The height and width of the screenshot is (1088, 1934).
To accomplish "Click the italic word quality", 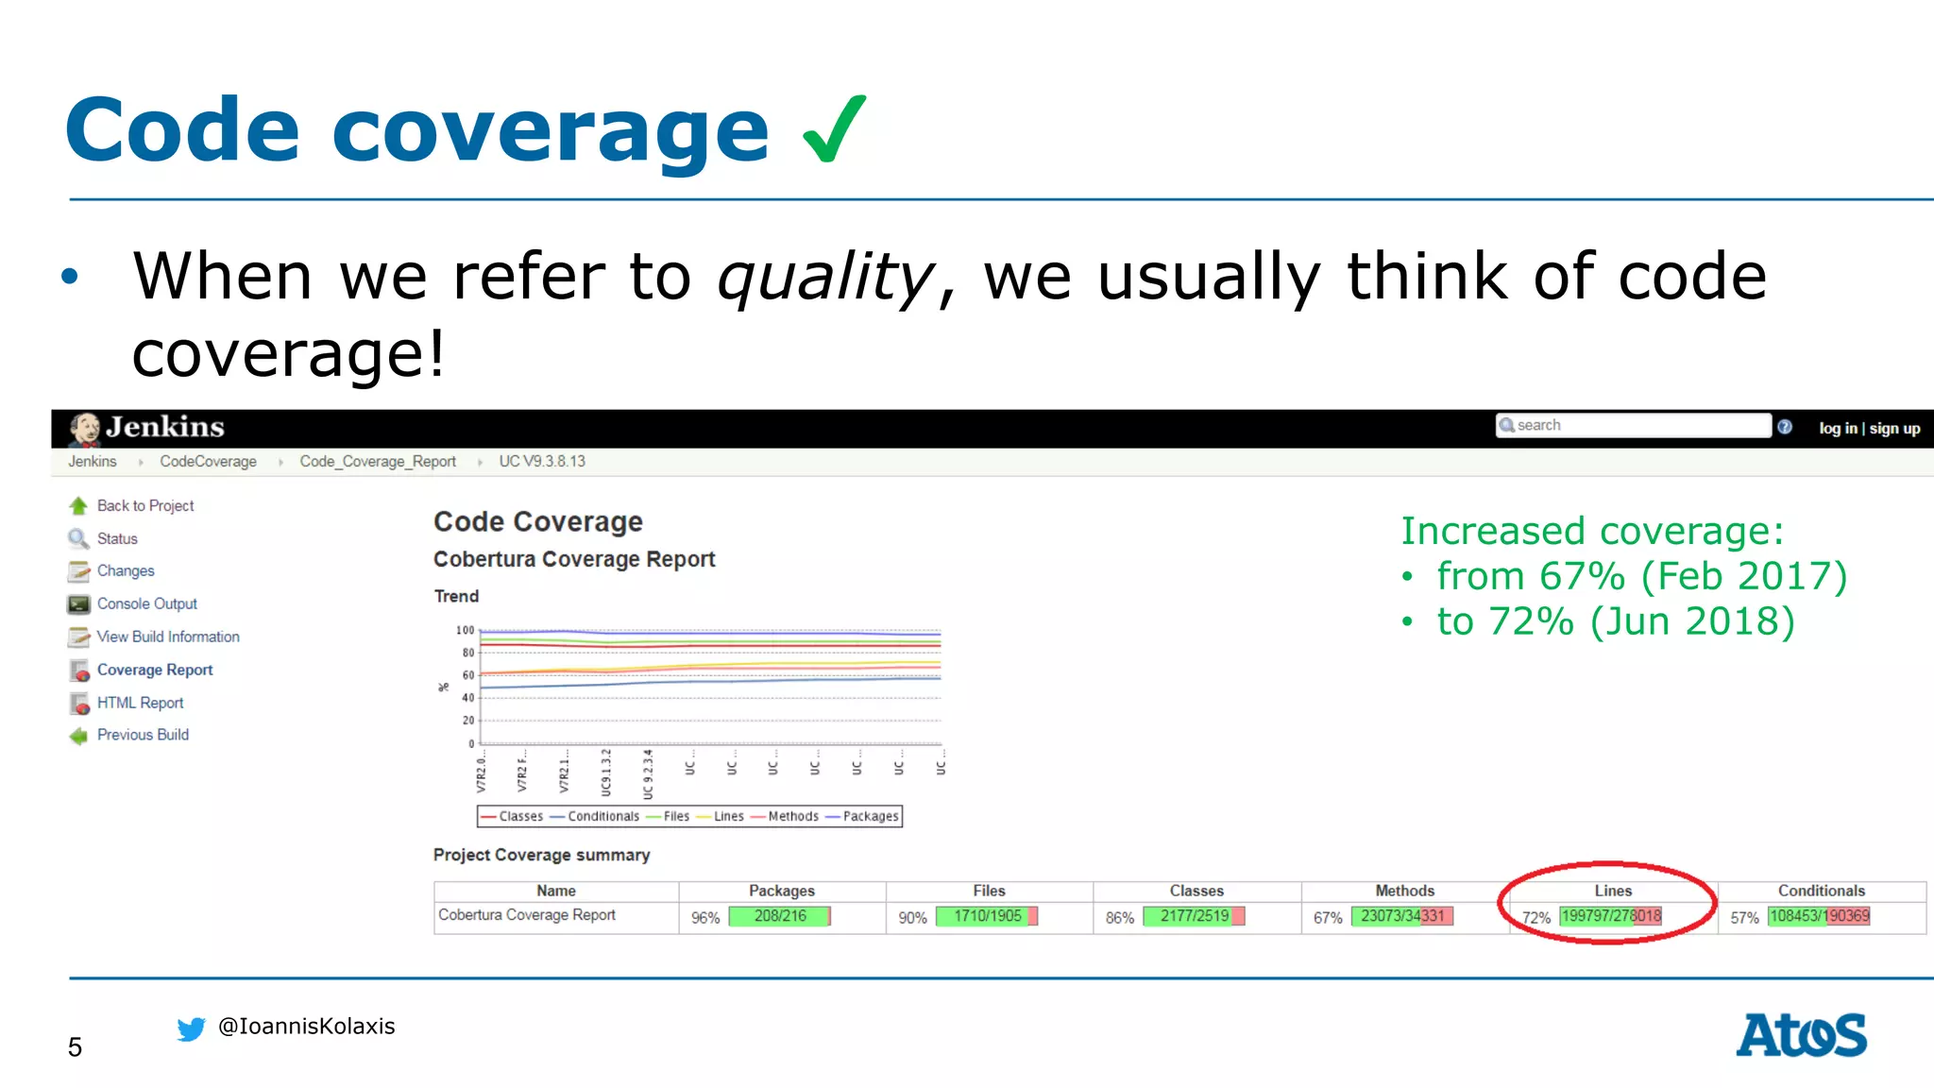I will pos(825,278).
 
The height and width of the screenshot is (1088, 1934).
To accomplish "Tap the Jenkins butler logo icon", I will pos(85,428).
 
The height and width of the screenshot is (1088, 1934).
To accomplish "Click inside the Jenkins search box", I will pos(1634,426).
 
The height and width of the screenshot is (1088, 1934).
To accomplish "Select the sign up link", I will pos(1894,429).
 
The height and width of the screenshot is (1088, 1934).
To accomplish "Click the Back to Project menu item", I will pos(144,506).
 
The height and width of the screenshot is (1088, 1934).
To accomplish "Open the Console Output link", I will pos(146,604).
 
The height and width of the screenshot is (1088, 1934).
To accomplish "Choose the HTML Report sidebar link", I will pos(140,704).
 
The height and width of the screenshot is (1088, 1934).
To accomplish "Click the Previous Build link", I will pos(143,736).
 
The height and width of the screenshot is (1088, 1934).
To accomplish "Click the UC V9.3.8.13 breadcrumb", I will pos(542,462).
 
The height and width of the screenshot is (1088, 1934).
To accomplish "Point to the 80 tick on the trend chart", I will pos(468,653).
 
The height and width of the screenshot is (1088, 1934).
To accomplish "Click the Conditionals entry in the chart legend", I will pos(602,817).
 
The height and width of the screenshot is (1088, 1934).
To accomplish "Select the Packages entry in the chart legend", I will pos(870,817).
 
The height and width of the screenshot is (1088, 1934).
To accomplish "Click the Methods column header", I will pos(1404,891).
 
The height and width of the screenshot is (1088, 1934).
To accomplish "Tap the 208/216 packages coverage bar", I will pos(780,916).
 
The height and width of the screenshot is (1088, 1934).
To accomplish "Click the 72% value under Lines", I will pos(1536,918).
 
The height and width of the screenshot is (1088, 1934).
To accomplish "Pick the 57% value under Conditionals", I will pos(1744,918).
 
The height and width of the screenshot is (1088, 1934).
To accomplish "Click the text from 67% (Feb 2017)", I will pos(1641,576).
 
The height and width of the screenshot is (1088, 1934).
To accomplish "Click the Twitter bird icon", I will pos(191,1028).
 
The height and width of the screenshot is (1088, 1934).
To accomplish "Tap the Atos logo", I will pos(1801,1035).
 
